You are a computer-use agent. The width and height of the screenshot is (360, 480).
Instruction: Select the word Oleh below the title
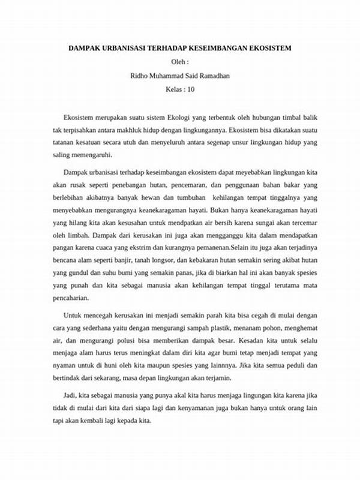pyautogui.click(x=178, y=62)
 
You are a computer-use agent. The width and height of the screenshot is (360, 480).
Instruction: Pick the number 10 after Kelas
pyautogui.click(x=191, y=89)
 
